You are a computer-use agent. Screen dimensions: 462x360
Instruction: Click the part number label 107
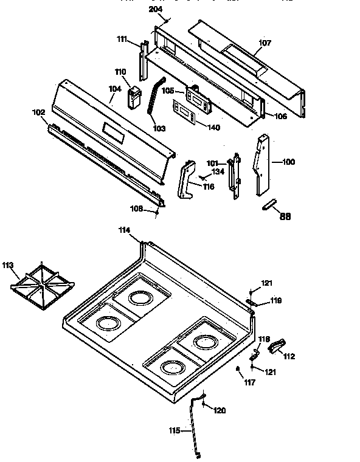pyautogui.click(x=265, y=43)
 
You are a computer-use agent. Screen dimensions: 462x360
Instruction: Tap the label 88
pyautogui.click(x=285, y=216)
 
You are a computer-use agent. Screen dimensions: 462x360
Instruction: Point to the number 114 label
pyautogui.click(x=124, y=230)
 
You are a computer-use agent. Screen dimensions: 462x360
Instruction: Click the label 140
pyautogui.click(x=214, y=128)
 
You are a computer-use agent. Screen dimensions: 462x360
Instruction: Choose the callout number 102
pyautogui.click(x=38, y=112)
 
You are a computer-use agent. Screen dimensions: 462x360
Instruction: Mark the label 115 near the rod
pyautogui.click(x=175, y=431)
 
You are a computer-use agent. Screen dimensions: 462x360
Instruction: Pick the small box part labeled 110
pyautogui.click(x=134, y=96)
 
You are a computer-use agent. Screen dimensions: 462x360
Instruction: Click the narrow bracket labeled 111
pyautogui.click(x=144, y=61)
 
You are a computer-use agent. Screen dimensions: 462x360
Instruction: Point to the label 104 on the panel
pyautogui.click(x=114, y=89)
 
